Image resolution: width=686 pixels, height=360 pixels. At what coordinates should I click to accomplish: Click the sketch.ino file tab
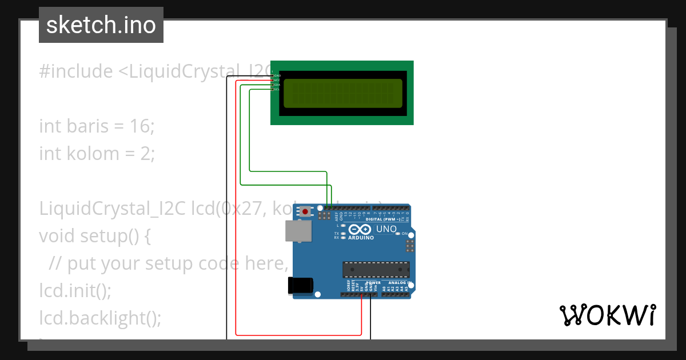pos(101,25)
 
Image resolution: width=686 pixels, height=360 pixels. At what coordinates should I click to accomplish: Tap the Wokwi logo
pos(607,315)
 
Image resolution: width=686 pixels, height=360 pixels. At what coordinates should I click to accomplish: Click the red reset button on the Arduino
pos(305,212)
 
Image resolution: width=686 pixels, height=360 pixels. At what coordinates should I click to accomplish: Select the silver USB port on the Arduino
pos(299,231)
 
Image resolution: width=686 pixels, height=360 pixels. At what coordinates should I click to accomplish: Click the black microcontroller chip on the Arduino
pos(376,269)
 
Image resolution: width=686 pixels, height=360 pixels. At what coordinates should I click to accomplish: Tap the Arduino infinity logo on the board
pos(361,229)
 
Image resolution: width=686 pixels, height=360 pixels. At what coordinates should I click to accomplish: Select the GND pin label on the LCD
pos(277,75)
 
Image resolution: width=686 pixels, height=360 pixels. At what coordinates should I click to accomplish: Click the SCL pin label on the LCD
pos(277,89)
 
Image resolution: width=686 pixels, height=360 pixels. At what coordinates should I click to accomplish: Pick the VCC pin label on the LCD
pos(277,80)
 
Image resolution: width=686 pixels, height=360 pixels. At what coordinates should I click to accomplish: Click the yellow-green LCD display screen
pos(342,93)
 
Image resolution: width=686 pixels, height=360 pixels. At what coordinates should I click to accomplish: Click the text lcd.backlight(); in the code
pos(100,318)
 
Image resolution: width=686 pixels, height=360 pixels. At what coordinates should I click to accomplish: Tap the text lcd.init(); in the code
pos(75,290)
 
